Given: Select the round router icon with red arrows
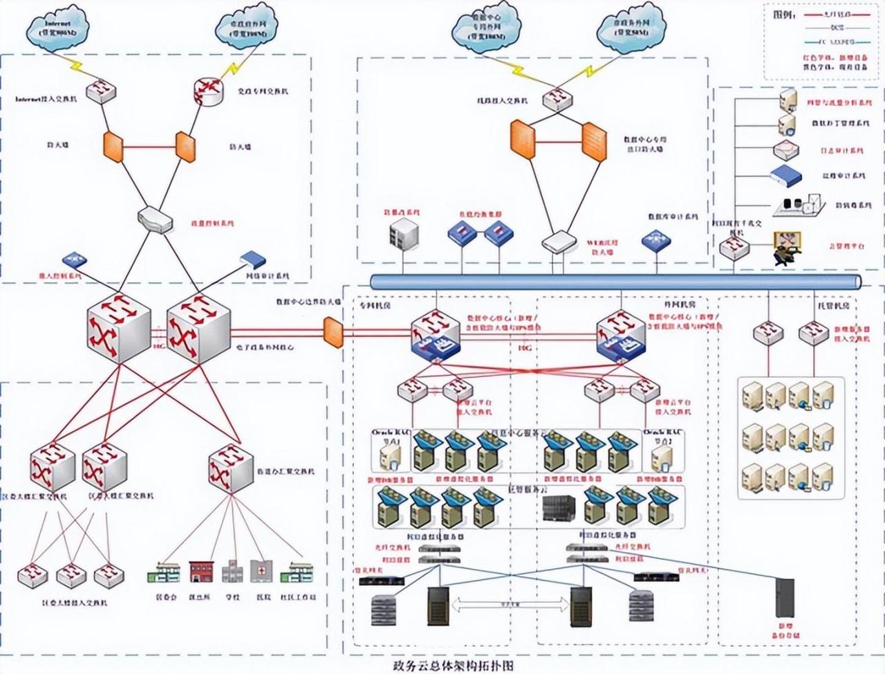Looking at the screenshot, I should click(x=208, y=91).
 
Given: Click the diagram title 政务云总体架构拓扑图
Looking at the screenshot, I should click(x=454, y=666).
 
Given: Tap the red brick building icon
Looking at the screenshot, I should click(x=201, y=570).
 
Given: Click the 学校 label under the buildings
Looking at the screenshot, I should click(x=232, y=596).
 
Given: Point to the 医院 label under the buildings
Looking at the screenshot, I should click(x=263, y=596).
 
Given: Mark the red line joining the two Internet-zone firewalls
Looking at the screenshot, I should click(x=150, y=147).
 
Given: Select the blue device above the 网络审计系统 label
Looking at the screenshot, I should click(x=253, y=259).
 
